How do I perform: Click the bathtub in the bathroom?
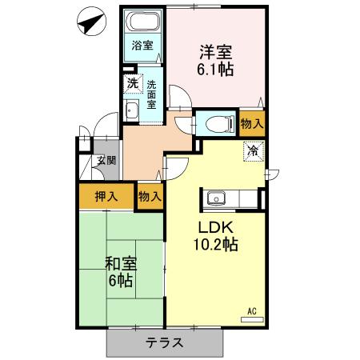pos(144,23)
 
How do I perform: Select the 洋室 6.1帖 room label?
pos(216,62)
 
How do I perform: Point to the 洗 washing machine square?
pos(130,82)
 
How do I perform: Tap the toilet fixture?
pos(215,123)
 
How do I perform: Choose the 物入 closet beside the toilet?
pos(252,123)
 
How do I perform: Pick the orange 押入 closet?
pos(106,196)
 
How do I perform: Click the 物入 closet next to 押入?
pos(150,196)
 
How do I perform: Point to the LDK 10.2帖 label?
pos(212,233)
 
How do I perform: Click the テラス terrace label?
pos(164,342)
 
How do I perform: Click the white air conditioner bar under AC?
pos(251,318)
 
